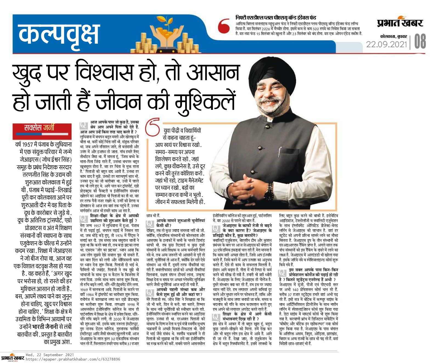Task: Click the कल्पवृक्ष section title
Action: coord(58,33)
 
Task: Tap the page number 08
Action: coord(420,41)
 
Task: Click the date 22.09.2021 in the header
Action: coord(386,44)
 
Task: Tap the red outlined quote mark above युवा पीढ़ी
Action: coord(153,127)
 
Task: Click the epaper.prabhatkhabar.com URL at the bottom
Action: coord(73,359)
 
